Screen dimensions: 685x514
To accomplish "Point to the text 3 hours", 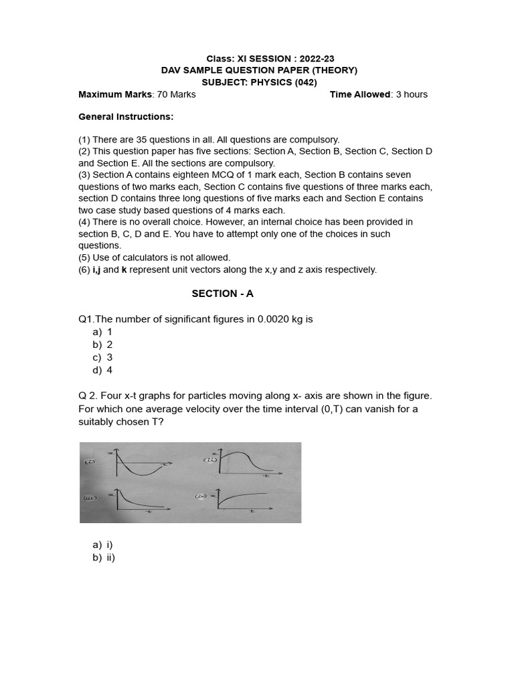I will pyautogui.click(x=412, y=94).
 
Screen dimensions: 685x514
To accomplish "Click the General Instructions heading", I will pyautogui.click(x=126, y=116).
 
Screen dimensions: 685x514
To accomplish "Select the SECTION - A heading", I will pyautogui.click(x=222, y=293).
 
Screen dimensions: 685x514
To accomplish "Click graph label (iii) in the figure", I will pyautogui.click(x=90, y=498).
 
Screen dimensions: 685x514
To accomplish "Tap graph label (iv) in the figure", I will pyautogui.click(x=201, y=496).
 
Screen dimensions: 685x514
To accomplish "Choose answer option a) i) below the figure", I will pyautogui.click(x=103, y=545).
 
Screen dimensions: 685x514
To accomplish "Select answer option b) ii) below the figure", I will pyautogui.click(x=104, y=557).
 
